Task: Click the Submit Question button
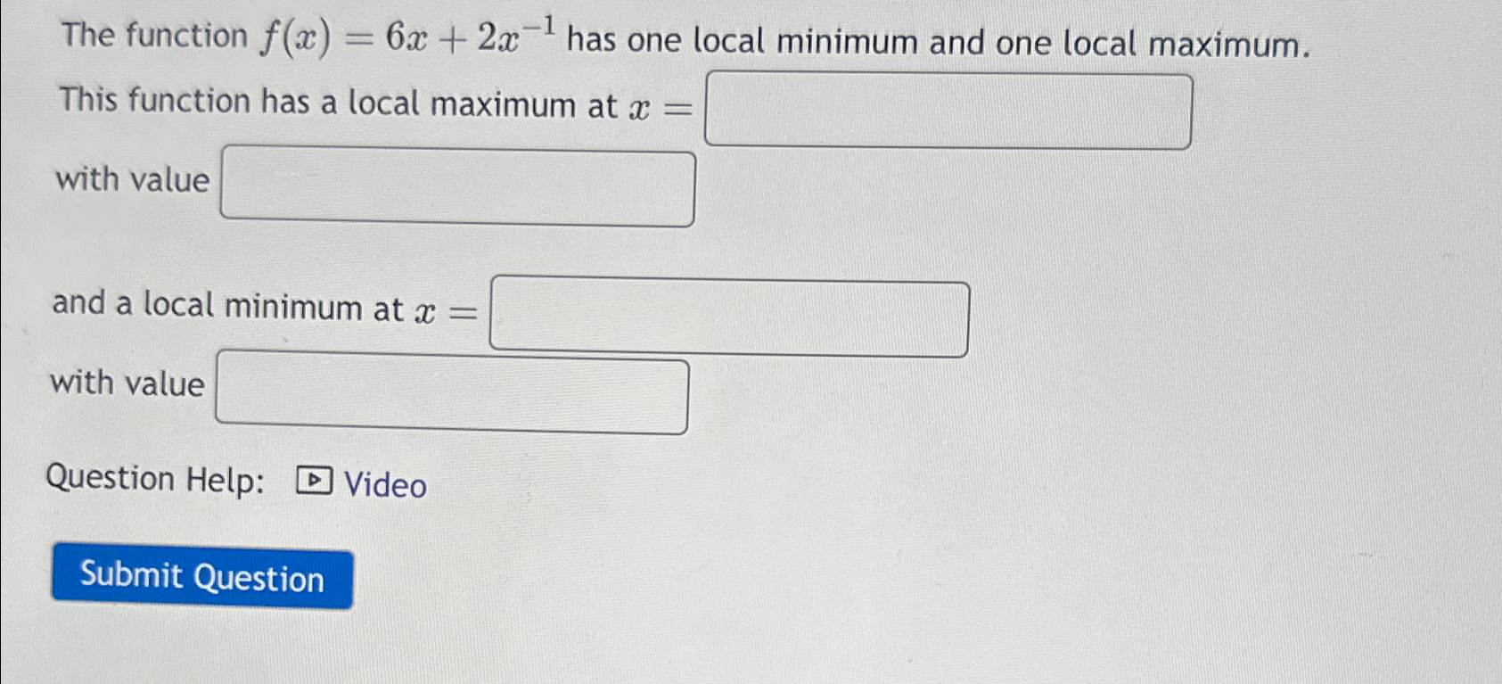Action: (202, 578)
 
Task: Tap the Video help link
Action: (385, 485)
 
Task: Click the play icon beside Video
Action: (314, 482)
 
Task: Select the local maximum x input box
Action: (948, 111)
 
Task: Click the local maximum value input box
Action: (457, 188)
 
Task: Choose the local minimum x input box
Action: (729, 318)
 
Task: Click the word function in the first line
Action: (186, 36)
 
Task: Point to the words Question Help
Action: (155, 480)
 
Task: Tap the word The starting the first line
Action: (88, 35)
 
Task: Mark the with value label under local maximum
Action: (132, 180)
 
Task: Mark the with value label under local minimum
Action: (127, 383)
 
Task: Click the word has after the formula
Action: (591, 40)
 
